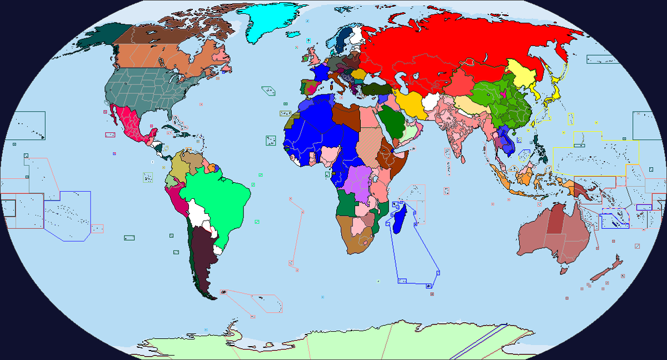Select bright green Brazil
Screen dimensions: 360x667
(214, 194)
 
